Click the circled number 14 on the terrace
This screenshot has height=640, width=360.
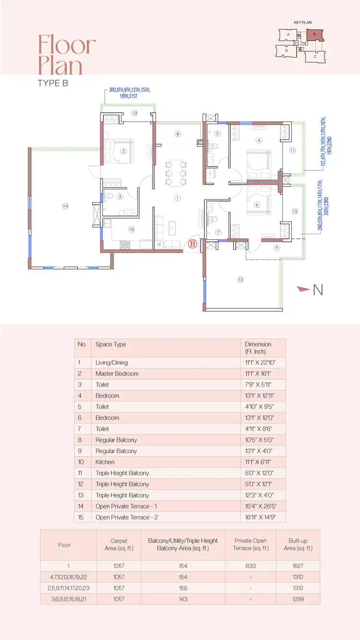tap(65, 206)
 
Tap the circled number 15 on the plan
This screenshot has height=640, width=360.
tap(240, 279)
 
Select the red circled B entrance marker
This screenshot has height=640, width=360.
tap(192, 244)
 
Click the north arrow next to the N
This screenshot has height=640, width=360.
tap(303, 289)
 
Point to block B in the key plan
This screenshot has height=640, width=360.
tap(315, 35)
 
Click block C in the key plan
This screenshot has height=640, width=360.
tap(315, 57)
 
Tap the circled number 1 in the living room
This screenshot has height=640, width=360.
tap(178, 198)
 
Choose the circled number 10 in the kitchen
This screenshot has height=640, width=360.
tap(131, 229)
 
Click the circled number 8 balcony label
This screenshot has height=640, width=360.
tap(178, 134)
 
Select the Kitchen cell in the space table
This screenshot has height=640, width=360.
tap(105, 462)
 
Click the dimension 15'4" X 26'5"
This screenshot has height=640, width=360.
tap(261, 506)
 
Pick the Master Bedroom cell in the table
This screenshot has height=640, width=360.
tap(117, 373)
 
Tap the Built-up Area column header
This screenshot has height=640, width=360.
tap(298, 544)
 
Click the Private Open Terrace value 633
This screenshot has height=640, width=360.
tap(251, 566)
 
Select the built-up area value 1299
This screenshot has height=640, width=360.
tap(298, 599)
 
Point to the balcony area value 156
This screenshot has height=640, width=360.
tap(183, 588)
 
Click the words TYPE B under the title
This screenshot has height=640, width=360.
tap(53, 83)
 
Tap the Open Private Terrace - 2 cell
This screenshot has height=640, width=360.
tap(127, 517)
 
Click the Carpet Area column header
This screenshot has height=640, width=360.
tap(119, 544)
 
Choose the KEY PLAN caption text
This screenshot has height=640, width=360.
tap(303, 22)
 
